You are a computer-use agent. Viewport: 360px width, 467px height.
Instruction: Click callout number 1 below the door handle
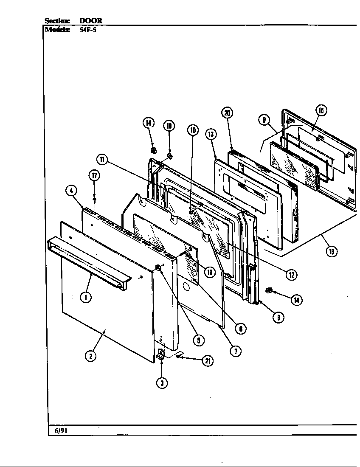click(x=86, y=297)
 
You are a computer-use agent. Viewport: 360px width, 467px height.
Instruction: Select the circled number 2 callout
click(x=90, y=356)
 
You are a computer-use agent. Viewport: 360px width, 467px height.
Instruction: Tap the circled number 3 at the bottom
click(x=161, y=383)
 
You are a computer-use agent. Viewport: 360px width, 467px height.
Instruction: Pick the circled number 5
click(x=198, y=340)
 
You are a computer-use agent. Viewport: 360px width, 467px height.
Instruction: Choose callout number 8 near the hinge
click(x=278, y=317)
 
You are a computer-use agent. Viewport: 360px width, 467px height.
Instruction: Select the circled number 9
click(x=264, y=120)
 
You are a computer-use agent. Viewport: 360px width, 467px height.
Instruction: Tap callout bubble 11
click(x=102, y=160)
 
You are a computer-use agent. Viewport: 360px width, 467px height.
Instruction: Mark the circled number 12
click(x=291, y=275)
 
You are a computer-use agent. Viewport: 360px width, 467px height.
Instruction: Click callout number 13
click(x=211, y=135)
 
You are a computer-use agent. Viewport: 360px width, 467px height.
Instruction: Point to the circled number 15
click(x=321, y=110)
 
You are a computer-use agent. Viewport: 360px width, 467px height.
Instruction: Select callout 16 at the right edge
click(x=331, y=251)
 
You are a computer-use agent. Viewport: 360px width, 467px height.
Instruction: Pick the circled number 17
click(x=95, y=175)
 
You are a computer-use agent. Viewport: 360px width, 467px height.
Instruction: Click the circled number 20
click(x=227, y=113)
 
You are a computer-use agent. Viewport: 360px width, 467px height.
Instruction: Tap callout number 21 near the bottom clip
click(x=207, y=361)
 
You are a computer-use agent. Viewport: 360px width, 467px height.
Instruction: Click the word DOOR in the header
click(x=91, y=20)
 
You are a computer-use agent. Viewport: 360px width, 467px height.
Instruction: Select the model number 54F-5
click(x=88, y=30)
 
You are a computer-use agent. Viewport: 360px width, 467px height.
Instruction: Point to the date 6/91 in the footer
click(x=61, y=431)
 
